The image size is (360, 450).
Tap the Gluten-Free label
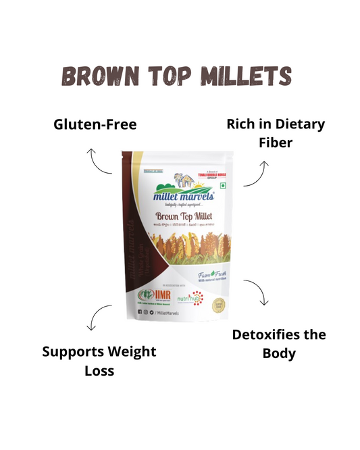[95, 124]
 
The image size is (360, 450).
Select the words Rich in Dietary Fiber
[276, 133]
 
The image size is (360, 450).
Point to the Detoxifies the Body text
[278, 343]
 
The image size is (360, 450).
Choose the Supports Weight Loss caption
[99, 361]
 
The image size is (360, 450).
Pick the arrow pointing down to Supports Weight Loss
[99, 317]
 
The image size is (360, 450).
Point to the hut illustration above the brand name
[184, 178]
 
